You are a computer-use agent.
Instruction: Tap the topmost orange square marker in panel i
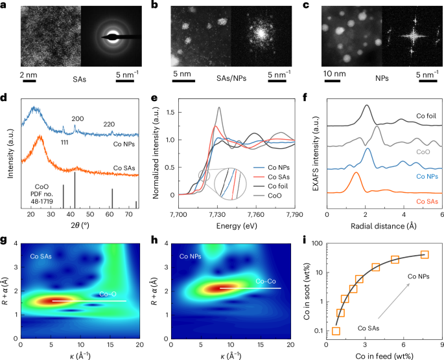[425, 254]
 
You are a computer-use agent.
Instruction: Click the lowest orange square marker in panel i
[336, 332]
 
